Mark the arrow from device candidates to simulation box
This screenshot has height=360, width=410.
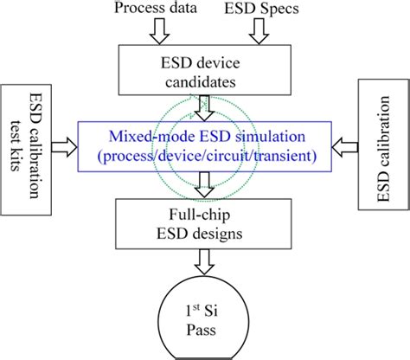[204, 108]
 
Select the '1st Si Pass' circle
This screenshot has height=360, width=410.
[204, 316]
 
